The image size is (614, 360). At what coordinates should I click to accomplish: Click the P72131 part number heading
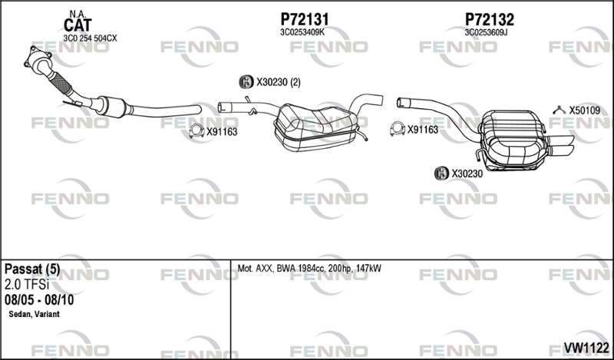[x=304, y=19]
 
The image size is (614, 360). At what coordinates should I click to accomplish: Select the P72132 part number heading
[x=490, y=19]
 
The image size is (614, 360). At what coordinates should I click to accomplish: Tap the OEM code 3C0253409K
[x=302, y=32]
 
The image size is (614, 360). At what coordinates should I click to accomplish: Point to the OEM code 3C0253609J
[x=486, y=32]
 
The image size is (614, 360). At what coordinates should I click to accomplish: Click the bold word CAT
[x=78, y=25]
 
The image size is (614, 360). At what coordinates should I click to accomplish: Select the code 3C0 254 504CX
[x=90, y=38]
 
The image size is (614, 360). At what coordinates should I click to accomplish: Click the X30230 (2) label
[x=279, y=82]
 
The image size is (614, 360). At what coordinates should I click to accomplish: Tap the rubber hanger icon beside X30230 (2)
[x=246, y=82]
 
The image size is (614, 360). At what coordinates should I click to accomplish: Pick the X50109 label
[x=585, y=111]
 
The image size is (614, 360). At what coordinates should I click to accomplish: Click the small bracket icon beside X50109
[x=560, y=110]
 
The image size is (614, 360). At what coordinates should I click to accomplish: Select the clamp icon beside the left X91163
[x=196, y=130]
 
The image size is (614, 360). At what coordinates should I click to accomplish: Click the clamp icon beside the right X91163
[x=397, y=129]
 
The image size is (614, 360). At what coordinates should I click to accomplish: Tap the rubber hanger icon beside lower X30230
[x=442, y=173]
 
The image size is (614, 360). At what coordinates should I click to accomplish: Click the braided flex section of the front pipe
[x=61, y=83]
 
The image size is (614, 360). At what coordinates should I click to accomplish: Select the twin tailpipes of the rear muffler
[x=560, y=145]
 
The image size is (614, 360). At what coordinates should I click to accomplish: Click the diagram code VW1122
[x=586, y=348]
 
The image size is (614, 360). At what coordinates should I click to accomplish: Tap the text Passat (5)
[x=32, y=269]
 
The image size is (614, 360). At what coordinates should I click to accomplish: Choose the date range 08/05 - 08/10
[x=39, y=300]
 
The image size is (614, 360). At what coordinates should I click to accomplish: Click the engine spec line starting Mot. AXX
[x=309, y=269]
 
